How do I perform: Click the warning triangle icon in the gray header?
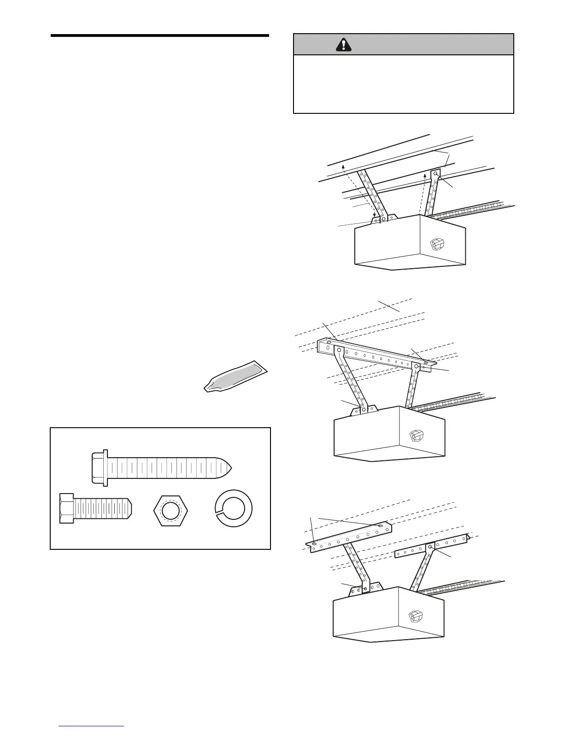(x=343, y=44)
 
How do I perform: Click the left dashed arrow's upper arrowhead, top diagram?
(x=343, y=166)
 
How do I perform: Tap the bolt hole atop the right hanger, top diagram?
(x=435, y=174)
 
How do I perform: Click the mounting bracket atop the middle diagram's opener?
(x=364, y=408)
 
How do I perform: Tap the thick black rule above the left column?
(x=159, y=35)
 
